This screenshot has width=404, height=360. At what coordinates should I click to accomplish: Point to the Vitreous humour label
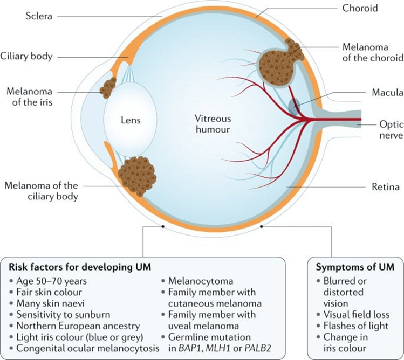click(213, 123)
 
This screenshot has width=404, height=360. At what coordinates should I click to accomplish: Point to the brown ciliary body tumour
click(138, 176)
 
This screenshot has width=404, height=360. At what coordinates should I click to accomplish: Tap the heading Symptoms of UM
click(352, 266)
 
